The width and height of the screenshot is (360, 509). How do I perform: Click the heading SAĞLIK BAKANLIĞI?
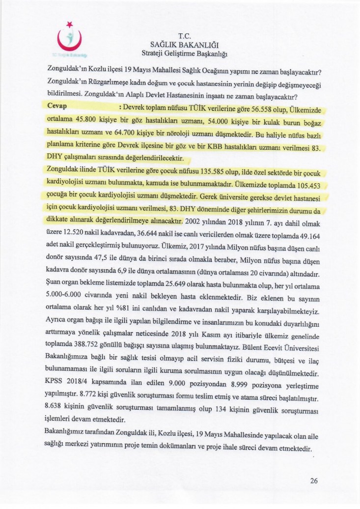(184, 45)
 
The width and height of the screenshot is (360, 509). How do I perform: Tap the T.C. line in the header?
(184, 36)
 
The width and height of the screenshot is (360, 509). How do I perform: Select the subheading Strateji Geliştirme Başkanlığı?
(184, 53)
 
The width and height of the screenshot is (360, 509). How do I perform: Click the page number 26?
(314, 481)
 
